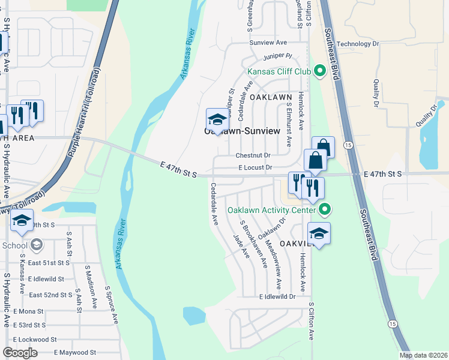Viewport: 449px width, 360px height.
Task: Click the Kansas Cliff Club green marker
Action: pos(320,72)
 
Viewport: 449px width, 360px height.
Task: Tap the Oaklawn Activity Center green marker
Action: pos(325,210)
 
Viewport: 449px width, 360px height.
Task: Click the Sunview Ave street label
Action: pos(268,43)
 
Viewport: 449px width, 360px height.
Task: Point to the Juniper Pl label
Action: pos(277,56)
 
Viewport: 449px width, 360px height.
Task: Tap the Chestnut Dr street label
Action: pos(253,155)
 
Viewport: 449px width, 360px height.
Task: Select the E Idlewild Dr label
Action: pos(277,296)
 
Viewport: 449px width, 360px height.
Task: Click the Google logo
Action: pos(20,353)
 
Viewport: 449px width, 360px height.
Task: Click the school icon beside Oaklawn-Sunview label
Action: pos(217,119)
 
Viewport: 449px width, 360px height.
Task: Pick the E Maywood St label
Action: pos(75,352)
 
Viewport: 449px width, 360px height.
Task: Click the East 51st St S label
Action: pos(49,263)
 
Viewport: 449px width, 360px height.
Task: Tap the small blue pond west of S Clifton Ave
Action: pos(194,315)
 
